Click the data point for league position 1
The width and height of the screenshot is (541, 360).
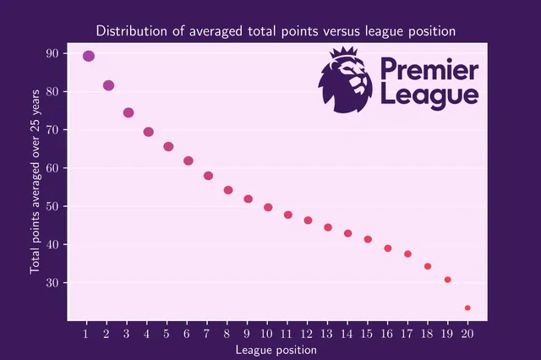89,56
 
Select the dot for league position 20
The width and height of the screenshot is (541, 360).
467,308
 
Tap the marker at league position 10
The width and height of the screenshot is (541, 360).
268,207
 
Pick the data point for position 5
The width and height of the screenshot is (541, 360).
168,146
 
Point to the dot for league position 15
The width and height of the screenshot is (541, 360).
368,239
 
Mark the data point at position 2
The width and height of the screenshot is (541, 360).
108,85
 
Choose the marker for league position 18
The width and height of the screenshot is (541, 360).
428,266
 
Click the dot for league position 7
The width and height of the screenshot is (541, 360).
208,176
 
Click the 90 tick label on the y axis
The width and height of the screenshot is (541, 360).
52,53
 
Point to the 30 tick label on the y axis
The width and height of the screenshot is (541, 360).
52,282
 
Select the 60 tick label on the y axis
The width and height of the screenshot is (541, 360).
52,168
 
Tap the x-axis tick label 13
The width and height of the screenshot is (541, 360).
328,333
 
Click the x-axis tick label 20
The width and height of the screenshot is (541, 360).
467,333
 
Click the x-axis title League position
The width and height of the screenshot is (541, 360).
276,349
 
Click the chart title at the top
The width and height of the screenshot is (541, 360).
276,30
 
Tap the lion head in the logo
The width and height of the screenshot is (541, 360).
344,80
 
